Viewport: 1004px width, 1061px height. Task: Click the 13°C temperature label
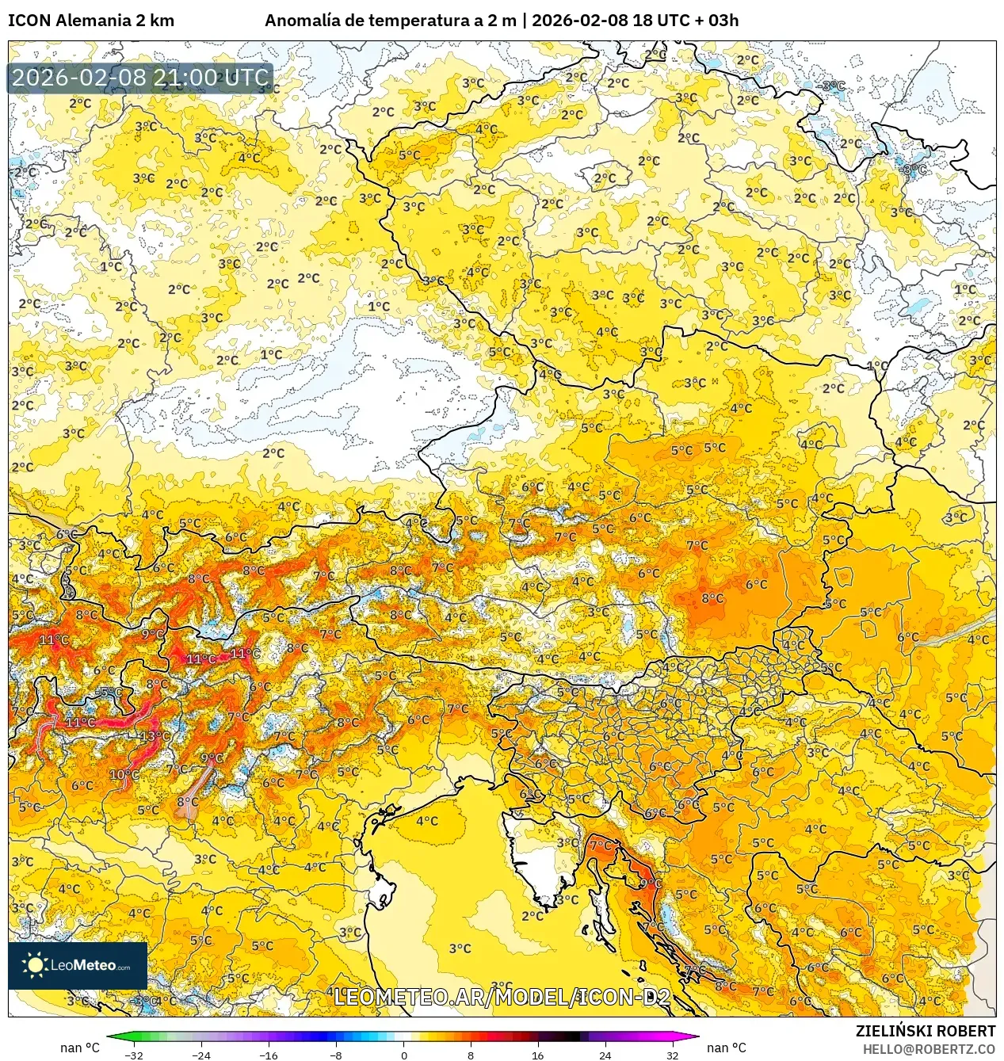[155, 736]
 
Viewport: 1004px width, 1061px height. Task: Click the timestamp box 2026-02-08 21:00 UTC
[140, 78]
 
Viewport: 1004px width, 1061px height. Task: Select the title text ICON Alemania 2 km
[91, 21]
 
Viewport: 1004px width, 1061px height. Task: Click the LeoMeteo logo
[78, 965]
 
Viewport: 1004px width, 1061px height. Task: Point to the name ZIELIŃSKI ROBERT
[925, 1031]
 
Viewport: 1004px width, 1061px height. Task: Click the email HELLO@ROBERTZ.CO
[929, 1049]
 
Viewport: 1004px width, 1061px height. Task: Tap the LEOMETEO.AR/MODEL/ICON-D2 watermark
[502, 997]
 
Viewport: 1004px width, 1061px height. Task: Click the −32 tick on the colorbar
[134, 1055]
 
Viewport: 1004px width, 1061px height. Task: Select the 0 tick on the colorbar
[403, 1055]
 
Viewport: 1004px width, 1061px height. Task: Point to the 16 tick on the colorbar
[537, 1055]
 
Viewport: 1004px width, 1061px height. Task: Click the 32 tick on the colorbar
[672, 1055]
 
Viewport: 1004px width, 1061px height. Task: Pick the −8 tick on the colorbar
[336, 1055]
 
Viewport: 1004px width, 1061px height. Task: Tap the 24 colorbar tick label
[605, 1055]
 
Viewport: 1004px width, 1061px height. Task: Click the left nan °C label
[80, 1048]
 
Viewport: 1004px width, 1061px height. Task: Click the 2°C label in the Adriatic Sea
[533, 915]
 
